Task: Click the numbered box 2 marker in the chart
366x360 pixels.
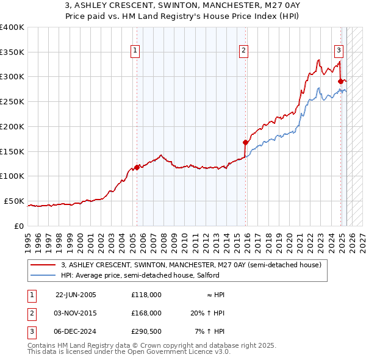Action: click(x=243, y=51)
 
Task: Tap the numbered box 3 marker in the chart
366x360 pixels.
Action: click(x=339, y=51)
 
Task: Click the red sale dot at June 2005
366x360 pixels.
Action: click(x=137, y=167)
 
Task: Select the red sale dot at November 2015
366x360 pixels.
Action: click(x=245, y=142)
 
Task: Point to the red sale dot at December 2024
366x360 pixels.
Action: click(x=340, y=81)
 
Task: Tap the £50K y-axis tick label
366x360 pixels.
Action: click(x=14, y=201)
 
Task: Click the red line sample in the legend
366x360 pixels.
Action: click(x=43, y=265)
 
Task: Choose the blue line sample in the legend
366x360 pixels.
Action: click(x=43, y=275)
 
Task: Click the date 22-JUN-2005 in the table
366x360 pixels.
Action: click(x=76, y=294)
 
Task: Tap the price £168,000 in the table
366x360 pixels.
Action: click(x=146, y=312)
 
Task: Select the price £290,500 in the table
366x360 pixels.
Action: click(x=146, y=331)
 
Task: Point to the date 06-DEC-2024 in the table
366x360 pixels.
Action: click(x=76, y=331)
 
